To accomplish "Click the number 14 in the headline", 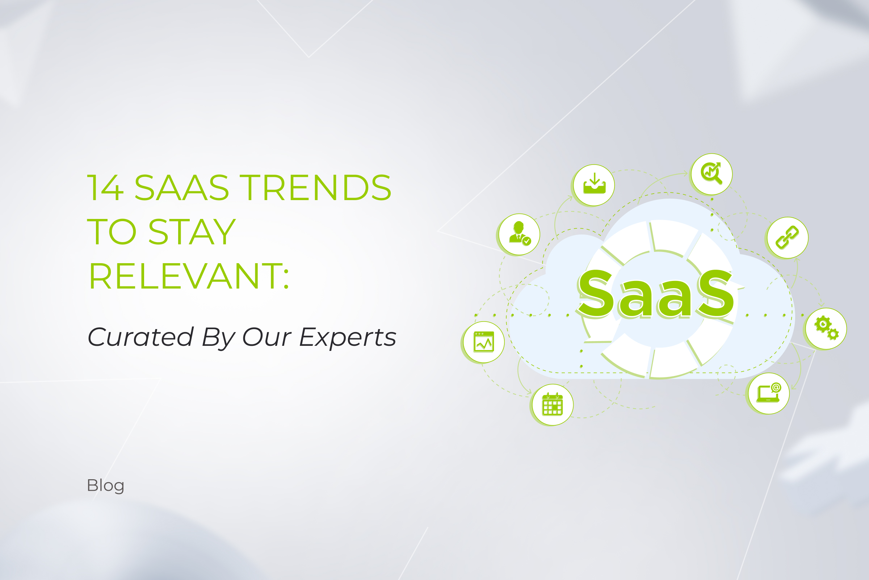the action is coord(105,187).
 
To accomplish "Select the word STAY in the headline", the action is coord(192,232).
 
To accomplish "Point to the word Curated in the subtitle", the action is coord(140,337).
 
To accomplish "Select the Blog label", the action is coord(106,486).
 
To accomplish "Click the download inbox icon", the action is coord(594,185).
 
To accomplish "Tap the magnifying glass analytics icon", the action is coord(711,174).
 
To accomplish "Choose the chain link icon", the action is coord(787,237).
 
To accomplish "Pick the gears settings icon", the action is coord(826,328).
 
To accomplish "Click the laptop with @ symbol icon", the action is coord(768,393).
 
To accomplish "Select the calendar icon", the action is coord(553,405).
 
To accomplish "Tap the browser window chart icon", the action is coord(484,342).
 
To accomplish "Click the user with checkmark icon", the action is coord(519,235).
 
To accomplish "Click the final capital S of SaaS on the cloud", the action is coord(716,294).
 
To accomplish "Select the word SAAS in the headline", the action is coord(181,187).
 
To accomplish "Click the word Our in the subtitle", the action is coord(267,337).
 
